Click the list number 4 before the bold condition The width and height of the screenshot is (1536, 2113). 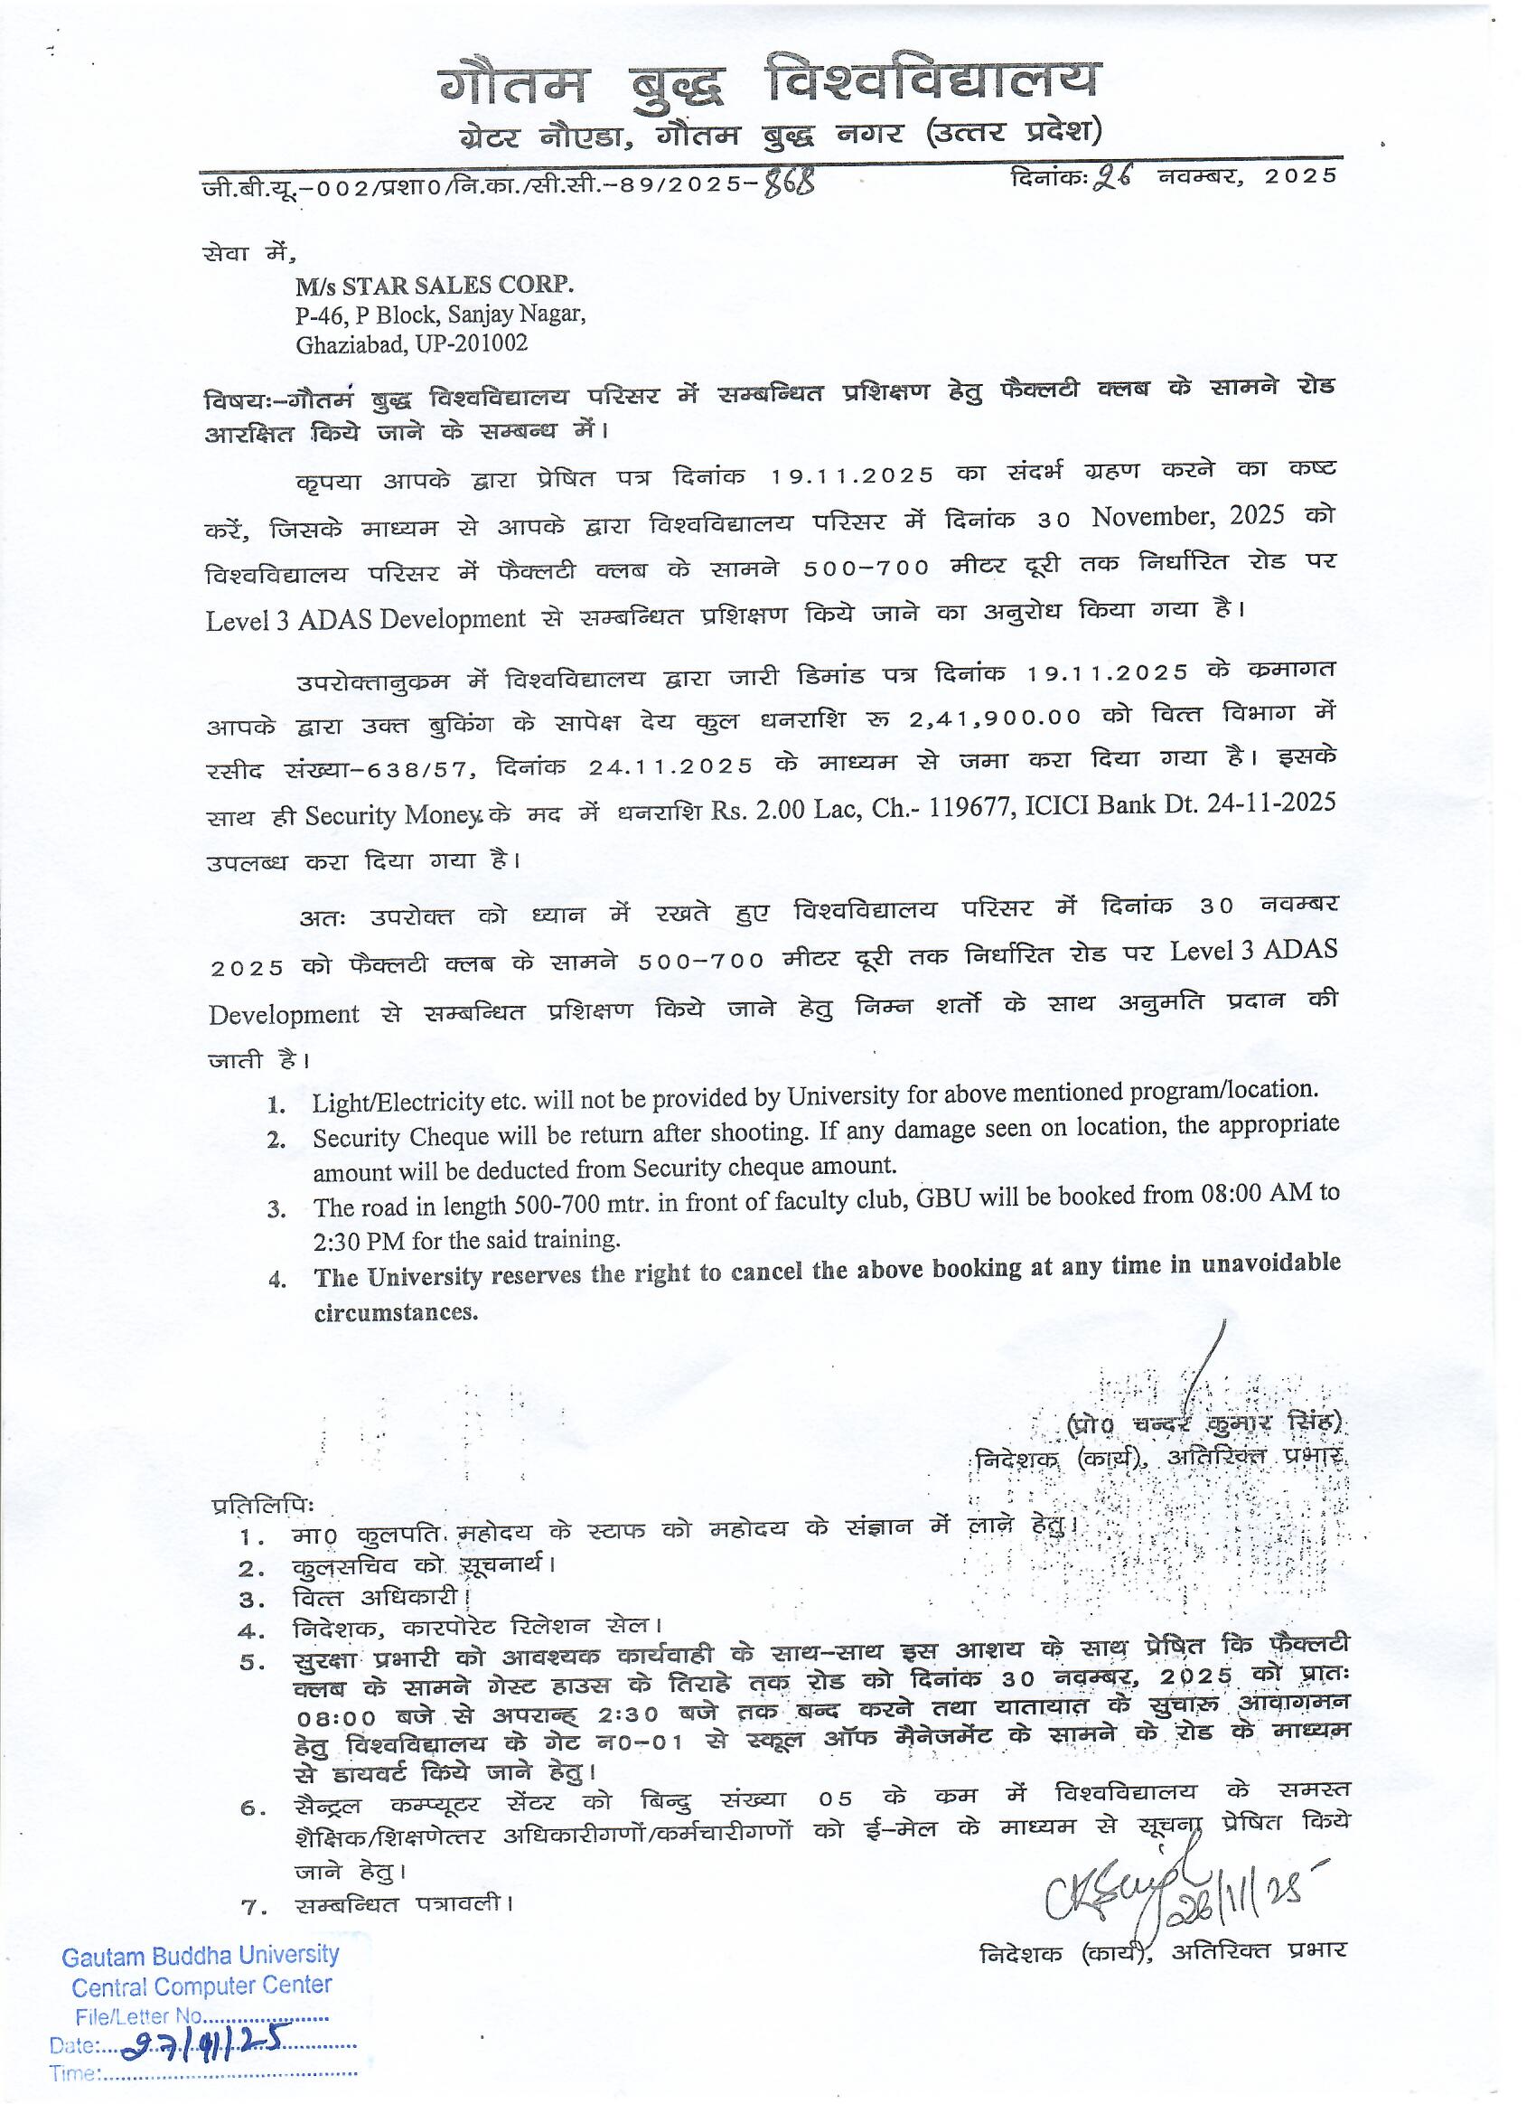[x=276, y=1279]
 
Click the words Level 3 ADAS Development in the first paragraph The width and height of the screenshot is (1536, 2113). [x=365, y=620]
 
